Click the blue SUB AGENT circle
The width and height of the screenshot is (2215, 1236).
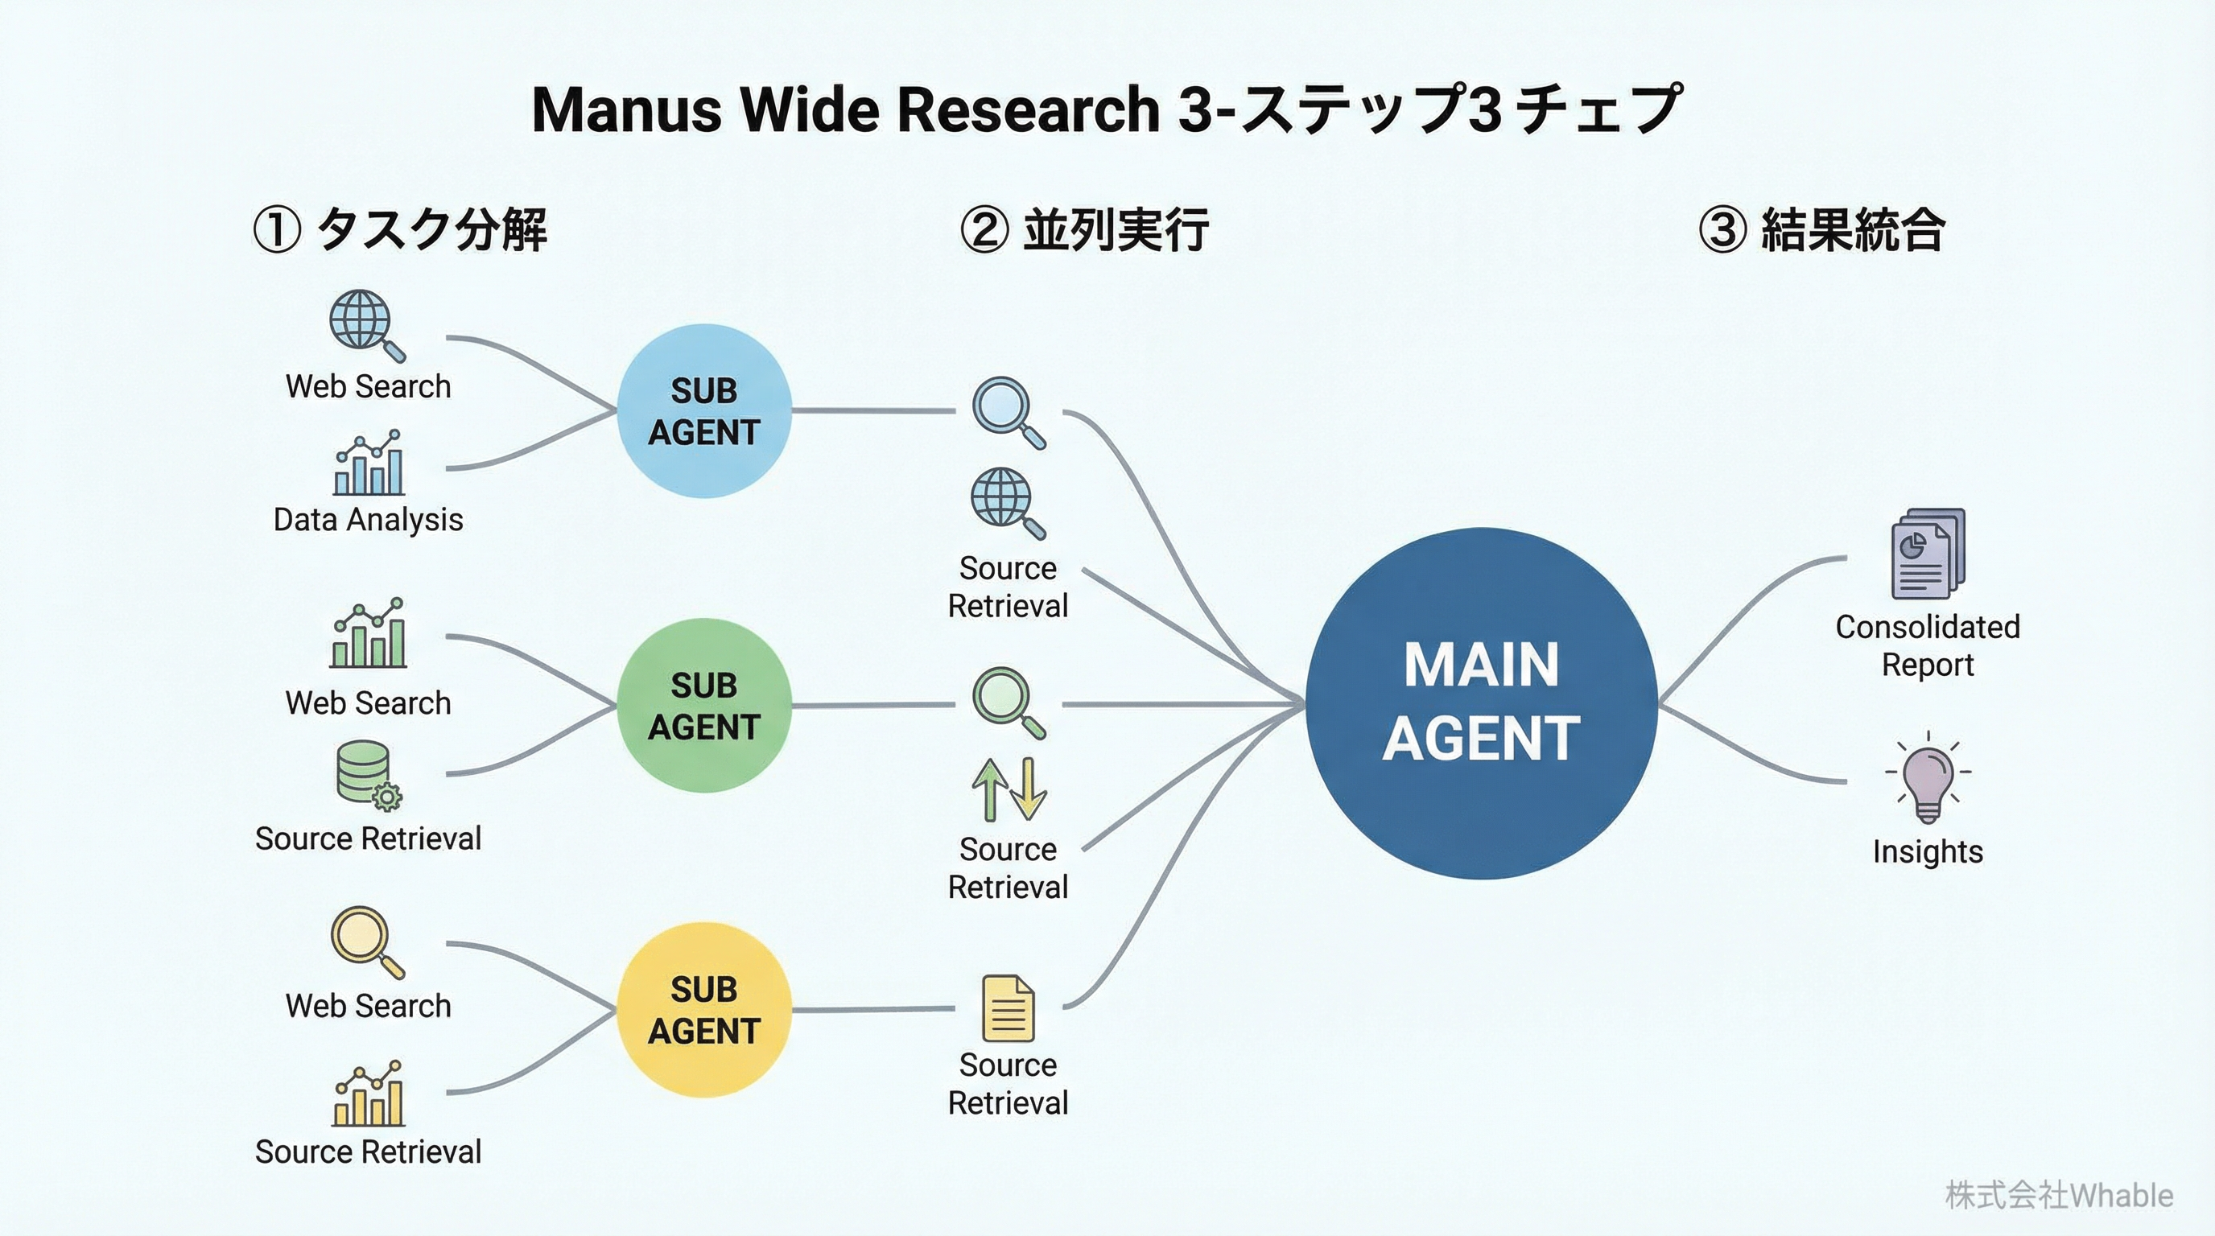pyautogui.click(x=704, y=411)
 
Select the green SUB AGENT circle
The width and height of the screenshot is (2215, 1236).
pyautogui.click(x=704, y=705)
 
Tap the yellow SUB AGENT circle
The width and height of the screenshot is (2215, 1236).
pyautogui.click(x=704, y=1009)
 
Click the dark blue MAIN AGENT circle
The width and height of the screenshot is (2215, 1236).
pyautogui.click(x=1481, y=703)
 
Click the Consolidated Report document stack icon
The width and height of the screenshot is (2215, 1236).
pyautogui.click(x=1928, y=554)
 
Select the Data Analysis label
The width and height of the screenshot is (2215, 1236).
pyautogui.click(x=368, y=519)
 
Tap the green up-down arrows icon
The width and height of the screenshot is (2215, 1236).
pyautogui.click(x=1009, y=788)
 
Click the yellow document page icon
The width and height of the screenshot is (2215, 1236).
pyautogui.click(x=1008, y=1008)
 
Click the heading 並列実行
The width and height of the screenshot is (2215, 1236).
pyautogui.click(x=1116, y=229)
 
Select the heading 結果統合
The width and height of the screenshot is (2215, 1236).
pyautogui.click(x=1852, y=229)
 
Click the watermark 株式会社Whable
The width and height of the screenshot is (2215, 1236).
pyautogui.click(x=2059, y=1196)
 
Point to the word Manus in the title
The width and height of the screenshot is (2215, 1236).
pyautogui.click(x=626, y=110)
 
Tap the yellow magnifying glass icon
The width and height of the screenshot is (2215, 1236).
pyautogui.click(x=367, y=942)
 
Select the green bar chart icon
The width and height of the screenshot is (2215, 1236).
pyautogui.click(x=368, y=633)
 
